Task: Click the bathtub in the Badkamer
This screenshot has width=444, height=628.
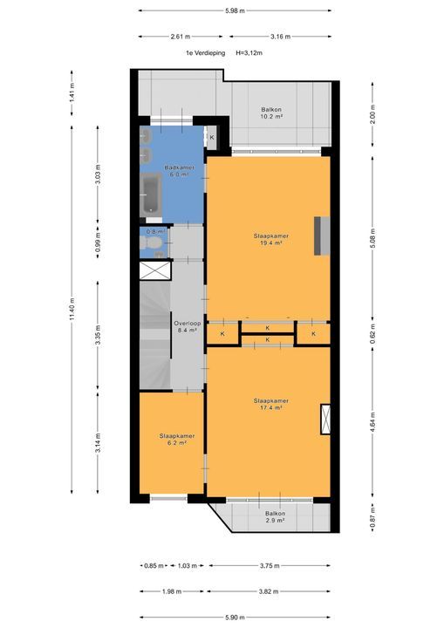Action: pos(151,195)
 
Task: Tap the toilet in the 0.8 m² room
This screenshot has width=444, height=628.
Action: pos(151,242)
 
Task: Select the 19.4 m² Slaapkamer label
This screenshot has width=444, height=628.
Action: pos(271,239)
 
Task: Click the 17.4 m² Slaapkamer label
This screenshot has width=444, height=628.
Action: pos(271,404)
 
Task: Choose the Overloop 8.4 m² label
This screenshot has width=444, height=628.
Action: pos(188,327)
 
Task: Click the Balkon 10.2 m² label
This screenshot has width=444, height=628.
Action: pos(271,113)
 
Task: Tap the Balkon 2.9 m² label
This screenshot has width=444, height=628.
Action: pos(275,517)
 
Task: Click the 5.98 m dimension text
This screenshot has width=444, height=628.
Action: pos(235,10)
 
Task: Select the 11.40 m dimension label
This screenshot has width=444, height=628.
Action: pos(72,309)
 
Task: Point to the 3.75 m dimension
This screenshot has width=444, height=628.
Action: pos(270,566)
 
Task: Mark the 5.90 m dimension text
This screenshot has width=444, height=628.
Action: pos(235,618)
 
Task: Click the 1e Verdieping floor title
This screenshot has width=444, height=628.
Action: pos(205,53)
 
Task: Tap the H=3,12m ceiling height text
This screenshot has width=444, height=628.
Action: pos(249,53)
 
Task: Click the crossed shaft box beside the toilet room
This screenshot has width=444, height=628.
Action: pos(155,270)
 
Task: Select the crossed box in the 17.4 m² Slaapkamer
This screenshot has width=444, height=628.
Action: pos(325,420)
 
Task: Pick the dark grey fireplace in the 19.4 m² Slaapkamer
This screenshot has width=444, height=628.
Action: pos(318,235)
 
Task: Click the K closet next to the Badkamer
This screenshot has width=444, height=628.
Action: pos(212,138)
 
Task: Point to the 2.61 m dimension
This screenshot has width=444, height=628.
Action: pos(181,37)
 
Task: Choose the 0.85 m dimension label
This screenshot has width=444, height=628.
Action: pos(154,566)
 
